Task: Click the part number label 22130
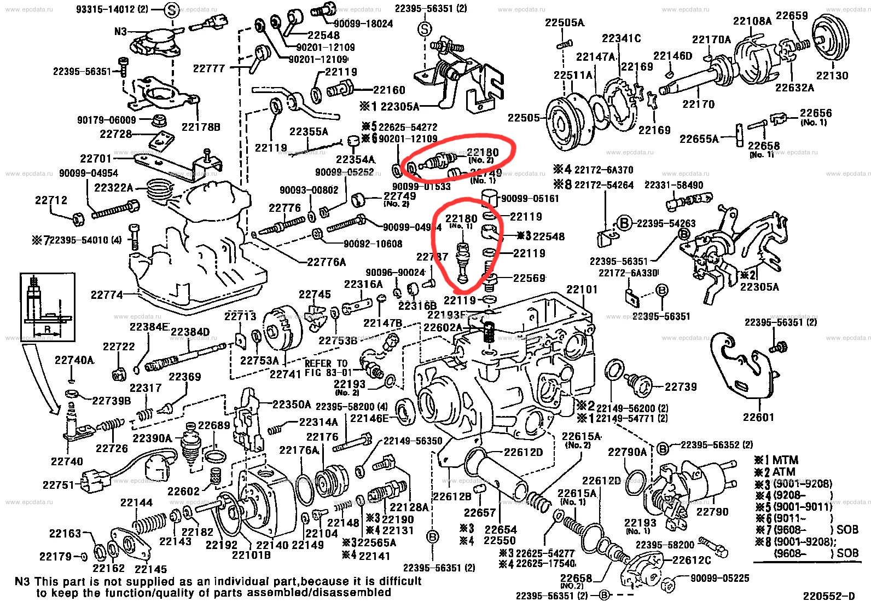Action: tap(832, 76)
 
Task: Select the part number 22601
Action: tap(758, 417)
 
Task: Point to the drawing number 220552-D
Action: tap(828, 596)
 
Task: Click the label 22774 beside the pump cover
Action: tap(107, 295)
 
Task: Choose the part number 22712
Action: tap(51, 200)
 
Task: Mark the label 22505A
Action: tap(565, 22)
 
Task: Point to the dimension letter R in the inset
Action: tap(48, 329)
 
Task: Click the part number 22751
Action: tap(59, 485)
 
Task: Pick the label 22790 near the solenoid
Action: tap(712, 512)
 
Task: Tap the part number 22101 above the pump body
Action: tap(582, 289)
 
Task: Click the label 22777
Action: tap(209, 68)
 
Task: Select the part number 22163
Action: tap(65, 533)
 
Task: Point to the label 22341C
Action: tap(621, 38)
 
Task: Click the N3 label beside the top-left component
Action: tap(120, 32)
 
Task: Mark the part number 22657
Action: tap(480, 513)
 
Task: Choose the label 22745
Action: tap(315, 294)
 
